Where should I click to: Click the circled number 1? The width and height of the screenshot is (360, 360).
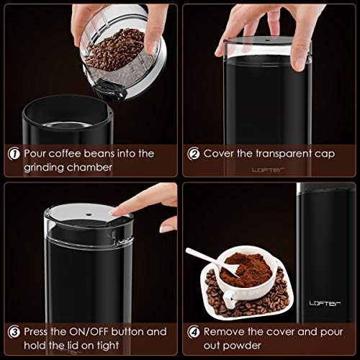coord(13,153)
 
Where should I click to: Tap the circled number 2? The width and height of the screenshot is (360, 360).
coord(194,153)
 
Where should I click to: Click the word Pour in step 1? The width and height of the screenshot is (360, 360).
coord(36,153)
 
